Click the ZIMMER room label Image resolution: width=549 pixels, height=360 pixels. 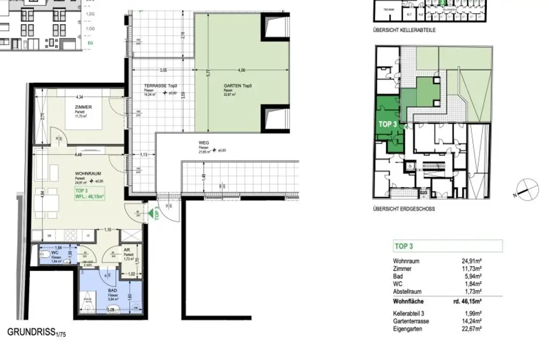pyautogui.click(x=84, y=107)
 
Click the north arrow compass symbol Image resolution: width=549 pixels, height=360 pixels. pyautogui.click(x=525, y=189)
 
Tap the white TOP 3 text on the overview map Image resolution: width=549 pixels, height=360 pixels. pyautogui.click(x=388, y=123)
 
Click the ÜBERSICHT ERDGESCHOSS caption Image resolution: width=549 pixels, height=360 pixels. pyautogui.click(x=404, y=209)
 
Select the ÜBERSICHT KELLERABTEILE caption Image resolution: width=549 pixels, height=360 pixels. pyautogui.click(x=404, y=31)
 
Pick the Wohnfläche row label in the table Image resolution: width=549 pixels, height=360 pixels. pyautogui.click(x=409, y=302)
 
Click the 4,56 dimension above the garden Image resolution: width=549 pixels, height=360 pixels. pyautogui.click(x=242, y=70)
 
